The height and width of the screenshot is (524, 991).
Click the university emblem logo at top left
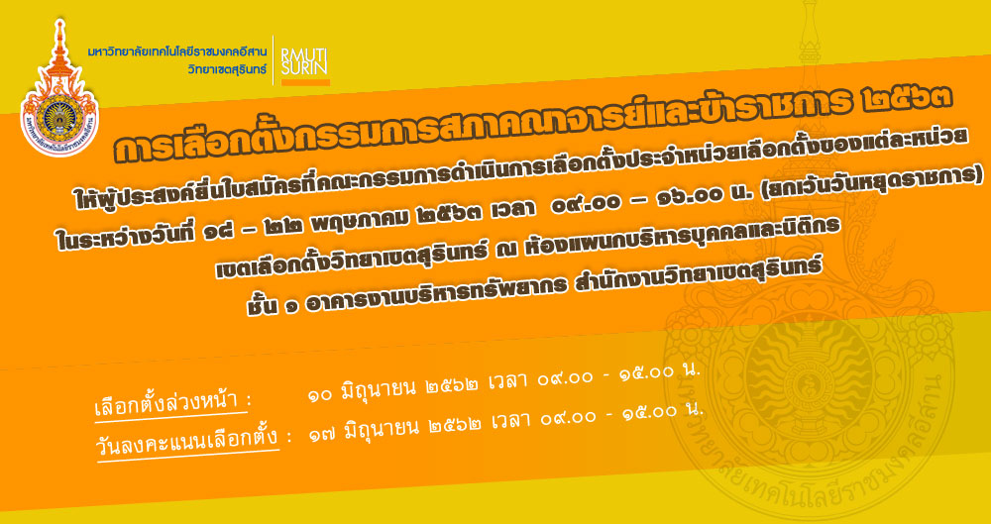[x=59, y=87]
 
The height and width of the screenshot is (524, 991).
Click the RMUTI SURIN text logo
[x=304, y=61]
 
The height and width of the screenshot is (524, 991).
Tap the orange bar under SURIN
[x=305, y=82]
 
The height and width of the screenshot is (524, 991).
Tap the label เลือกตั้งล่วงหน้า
[x=168, y=402]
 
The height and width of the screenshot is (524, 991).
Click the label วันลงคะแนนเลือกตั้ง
[x=186, y=438]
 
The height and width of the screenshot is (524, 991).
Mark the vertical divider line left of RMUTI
[x=274, y=60]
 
